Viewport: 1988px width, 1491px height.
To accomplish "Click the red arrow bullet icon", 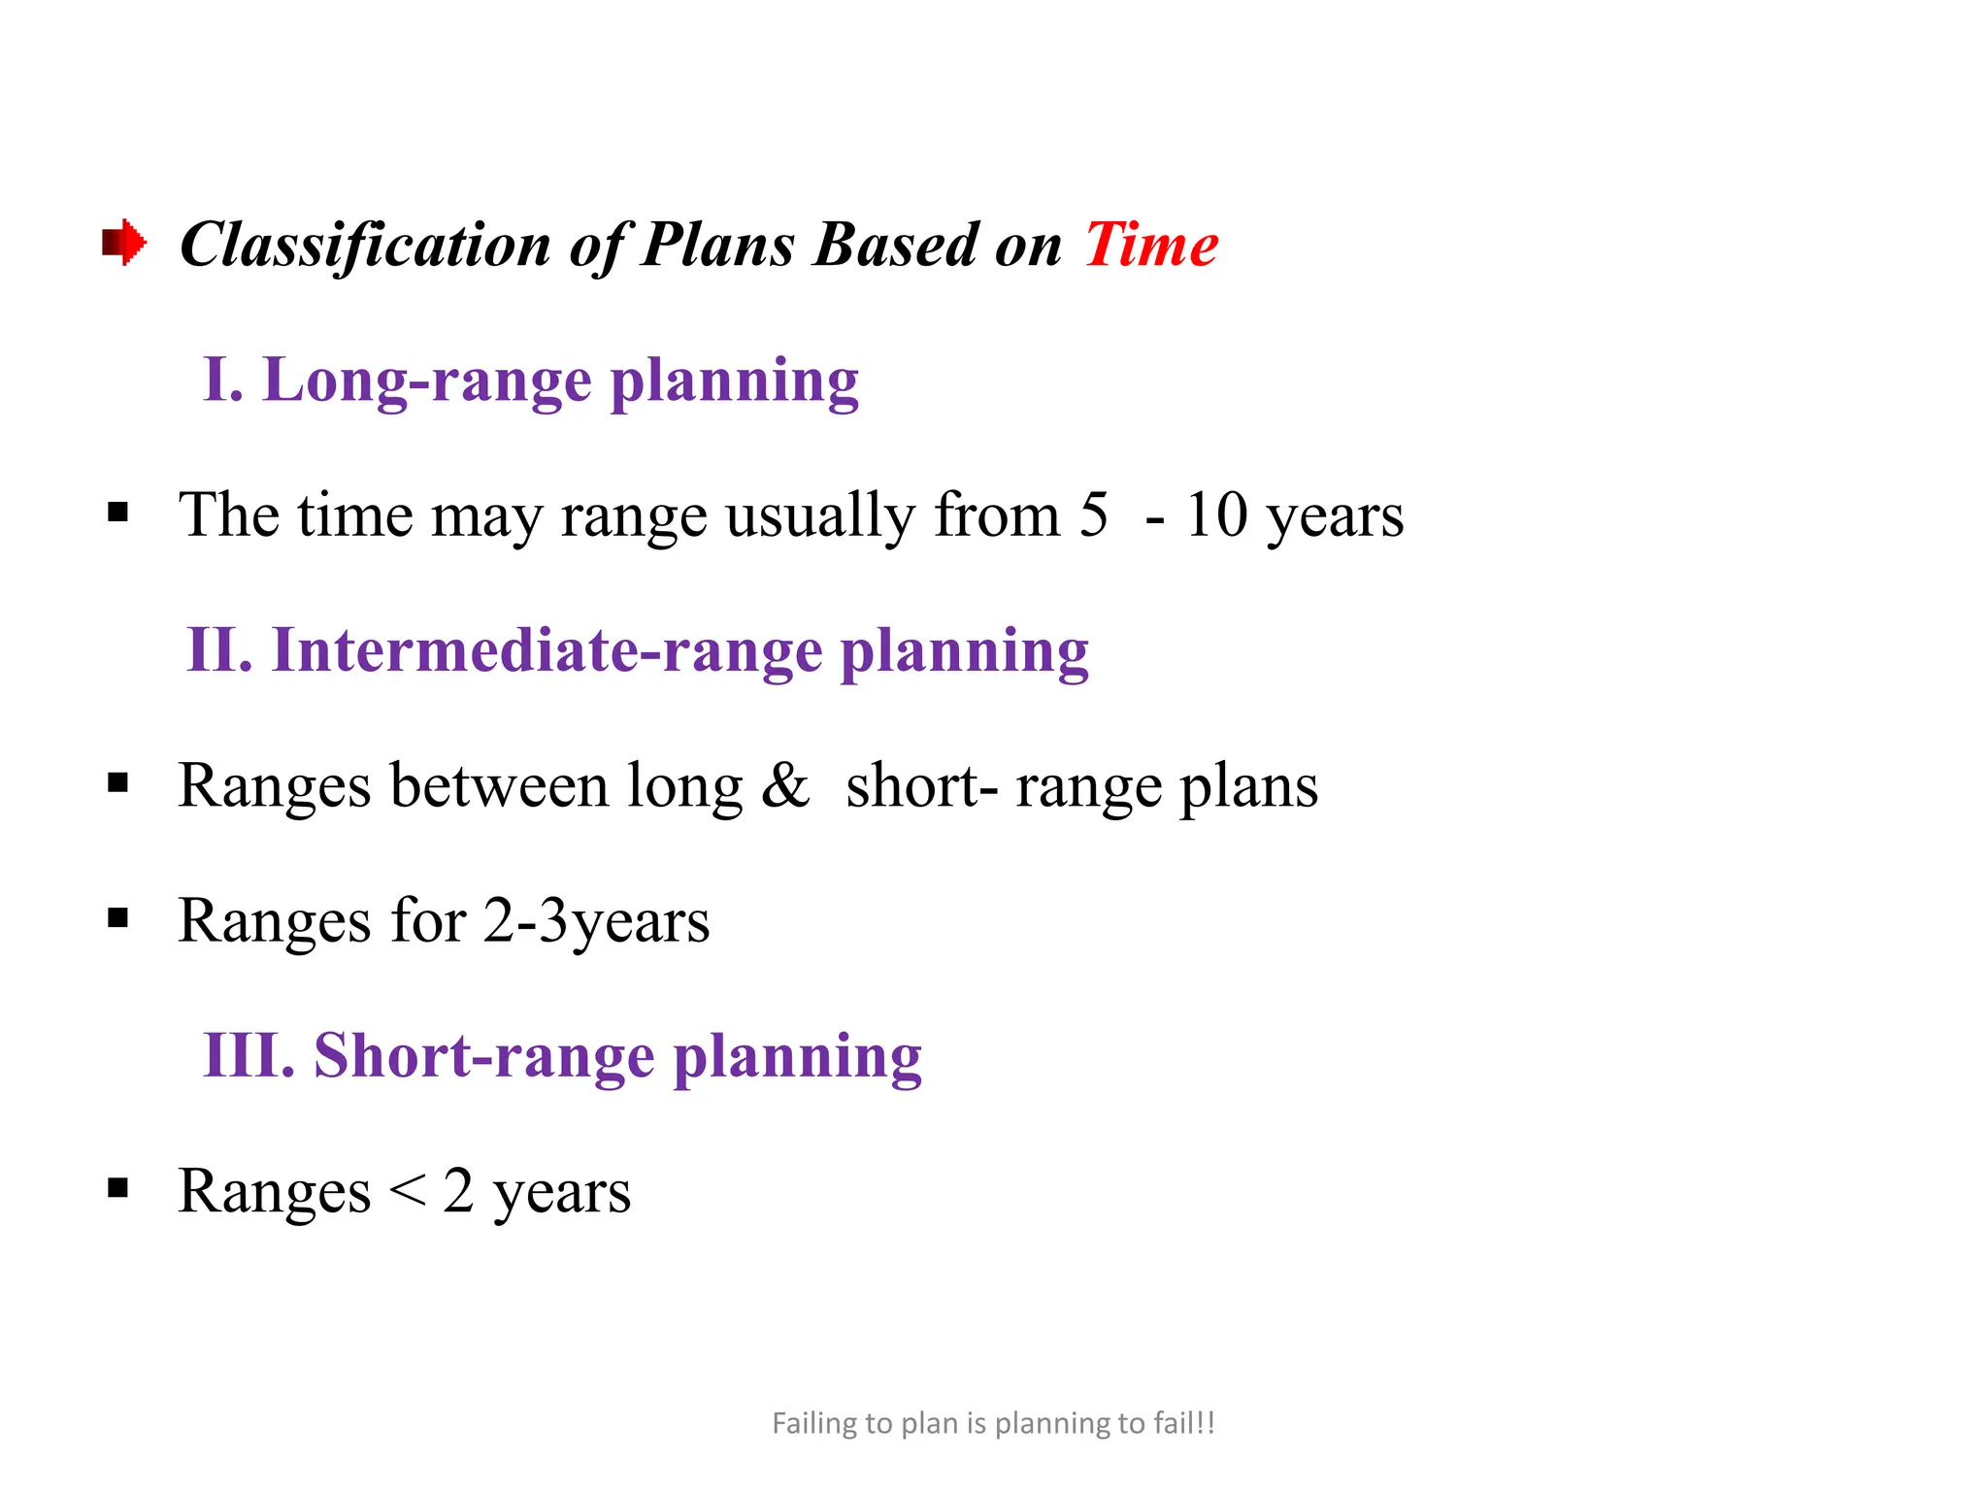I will (124, 242).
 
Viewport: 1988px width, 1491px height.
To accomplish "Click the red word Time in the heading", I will (1151, 244).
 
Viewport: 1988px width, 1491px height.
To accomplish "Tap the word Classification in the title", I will (365, 244).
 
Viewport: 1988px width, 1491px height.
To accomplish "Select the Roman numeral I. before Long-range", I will (222, 379).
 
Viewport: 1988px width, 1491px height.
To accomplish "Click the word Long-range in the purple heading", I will (427, 381).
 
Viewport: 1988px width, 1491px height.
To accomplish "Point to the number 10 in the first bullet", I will (1216, 514).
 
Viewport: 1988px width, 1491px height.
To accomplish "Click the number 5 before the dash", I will (1094, 514).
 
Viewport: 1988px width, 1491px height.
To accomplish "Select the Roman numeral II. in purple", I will (219, 649).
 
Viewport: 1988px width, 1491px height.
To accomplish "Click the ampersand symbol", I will (784, 784).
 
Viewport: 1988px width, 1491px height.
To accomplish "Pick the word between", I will (499, 784).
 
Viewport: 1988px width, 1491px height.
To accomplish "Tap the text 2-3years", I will (596, 920).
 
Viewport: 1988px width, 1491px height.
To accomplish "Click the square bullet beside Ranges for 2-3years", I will (118, 917).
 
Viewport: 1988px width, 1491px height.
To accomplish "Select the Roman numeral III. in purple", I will (248, 1055).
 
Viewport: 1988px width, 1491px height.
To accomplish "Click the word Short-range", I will (483, 1055).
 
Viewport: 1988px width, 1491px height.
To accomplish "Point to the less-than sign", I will (407, 1191).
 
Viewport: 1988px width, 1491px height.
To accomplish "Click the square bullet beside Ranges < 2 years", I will (118, 1187).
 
